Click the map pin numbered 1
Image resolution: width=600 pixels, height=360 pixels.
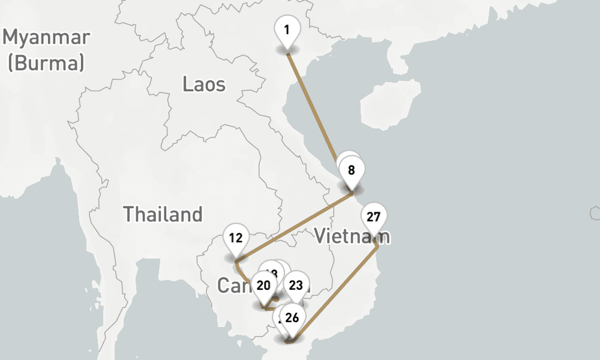(x=287, y=29)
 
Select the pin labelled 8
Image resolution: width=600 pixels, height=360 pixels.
(x=352, y=170)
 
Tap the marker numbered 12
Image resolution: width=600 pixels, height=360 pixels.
(x=235, y=238)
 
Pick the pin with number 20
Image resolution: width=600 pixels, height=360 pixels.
(x=263, y=286)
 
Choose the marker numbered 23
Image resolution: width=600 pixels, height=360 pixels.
(x=296, y=286)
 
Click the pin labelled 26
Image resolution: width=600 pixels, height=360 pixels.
(x=292, y=318)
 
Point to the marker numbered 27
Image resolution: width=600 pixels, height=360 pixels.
(x=374, y=217)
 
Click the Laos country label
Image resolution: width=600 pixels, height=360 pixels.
(x=204, y=84)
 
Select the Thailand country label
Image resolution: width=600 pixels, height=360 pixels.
(x=163, y=214)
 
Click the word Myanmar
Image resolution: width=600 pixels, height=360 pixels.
(x=46, y=37)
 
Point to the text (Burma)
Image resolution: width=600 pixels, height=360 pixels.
(x=46, y=62)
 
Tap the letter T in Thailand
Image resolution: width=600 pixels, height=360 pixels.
(x=128, y=214)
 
